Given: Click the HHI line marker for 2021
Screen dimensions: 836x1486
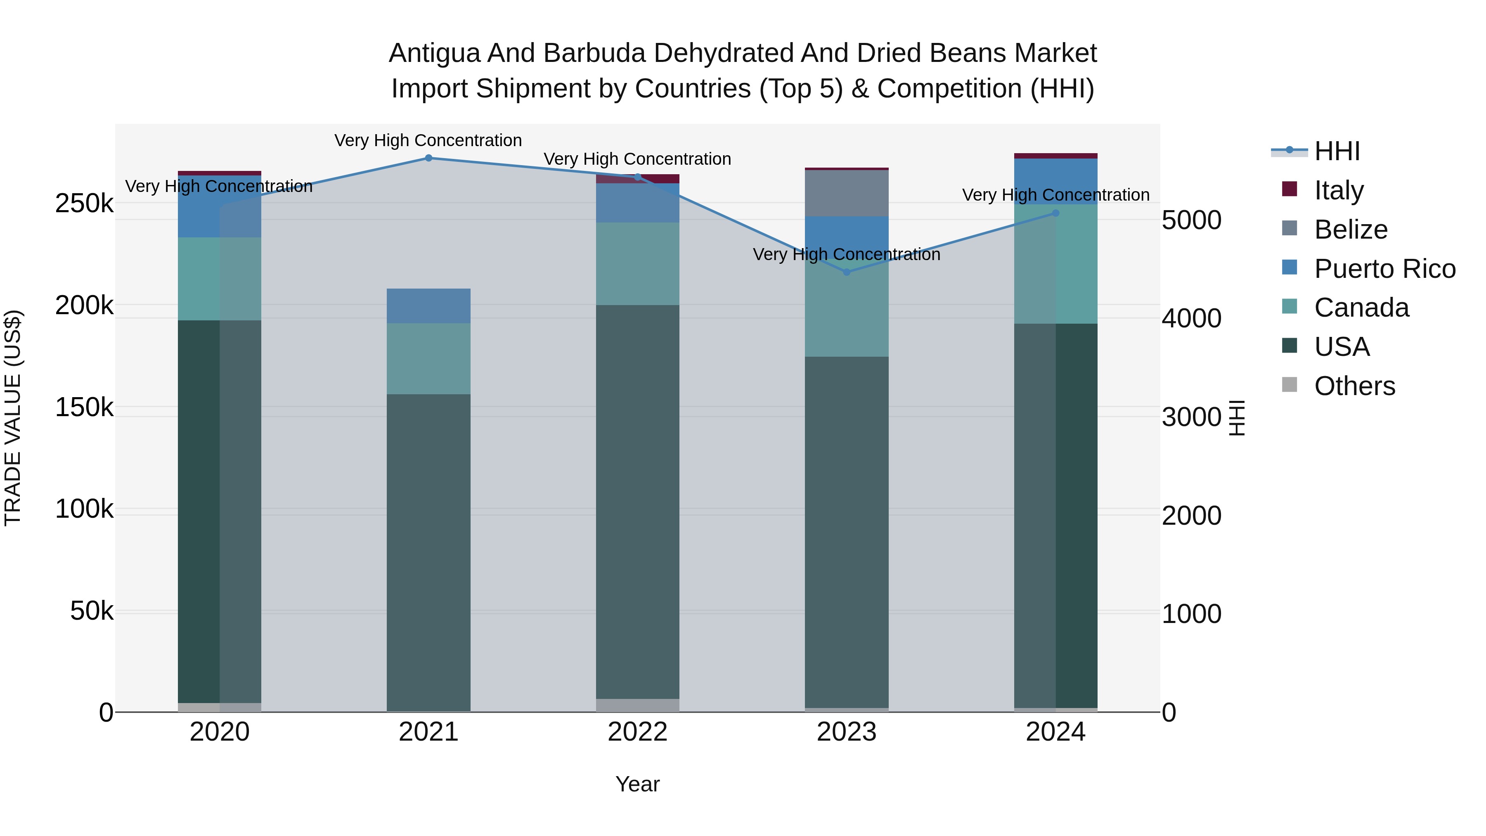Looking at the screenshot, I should tap(428, 158).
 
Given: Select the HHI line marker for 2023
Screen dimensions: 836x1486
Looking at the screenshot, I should tap(846, 272).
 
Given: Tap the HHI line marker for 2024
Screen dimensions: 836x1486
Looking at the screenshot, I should tap(1055, 213).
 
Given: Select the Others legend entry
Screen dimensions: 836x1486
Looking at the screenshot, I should tap(1353, 386).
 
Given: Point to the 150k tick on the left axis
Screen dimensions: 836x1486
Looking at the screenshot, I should tap(84, 407).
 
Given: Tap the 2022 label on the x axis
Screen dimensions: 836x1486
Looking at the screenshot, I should tap(637, 732).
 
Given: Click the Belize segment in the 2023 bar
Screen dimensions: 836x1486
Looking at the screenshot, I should tap(846, 193).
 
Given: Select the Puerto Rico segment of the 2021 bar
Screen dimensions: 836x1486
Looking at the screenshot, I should tap(428, 306).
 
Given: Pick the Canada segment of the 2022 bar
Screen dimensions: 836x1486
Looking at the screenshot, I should tap(637, 264).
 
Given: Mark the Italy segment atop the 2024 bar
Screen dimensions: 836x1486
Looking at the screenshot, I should tap(1055, 156).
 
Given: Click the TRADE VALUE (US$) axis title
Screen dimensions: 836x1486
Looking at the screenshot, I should tap(13, 418).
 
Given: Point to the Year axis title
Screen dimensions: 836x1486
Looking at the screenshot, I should tap(637, 784).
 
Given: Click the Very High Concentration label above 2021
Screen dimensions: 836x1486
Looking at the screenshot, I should tap(428, 140).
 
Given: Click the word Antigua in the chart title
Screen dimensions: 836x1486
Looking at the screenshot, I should tap(435, 53).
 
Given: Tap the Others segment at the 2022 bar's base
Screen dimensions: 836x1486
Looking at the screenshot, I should tap(637, 705).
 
